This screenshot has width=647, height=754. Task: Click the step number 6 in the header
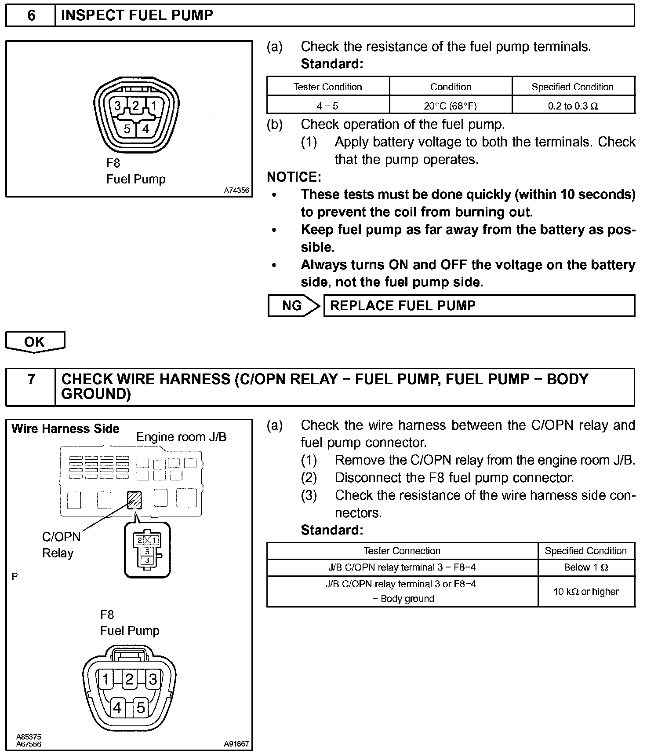31,15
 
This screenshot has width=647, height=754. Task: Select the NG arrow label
293,306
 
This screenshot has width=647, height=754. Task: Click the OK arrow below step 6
35,342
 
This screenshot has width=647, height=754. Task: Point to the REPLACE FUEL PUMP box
479,306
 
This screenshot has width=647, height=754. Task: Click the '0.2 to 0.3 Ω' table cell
573,106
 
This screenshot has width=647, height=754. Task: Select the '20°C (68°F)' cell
451,106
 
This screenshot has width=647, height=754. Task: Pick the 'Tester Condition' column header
327,87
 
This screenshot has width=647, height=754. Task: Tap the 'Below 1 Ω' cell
586,567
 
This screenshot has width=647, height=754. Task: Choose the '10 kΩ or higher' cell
586,592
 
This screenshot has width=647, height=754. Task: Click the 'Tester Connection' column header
402,551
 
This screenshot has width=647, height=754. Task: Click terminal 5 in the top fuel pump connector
127,129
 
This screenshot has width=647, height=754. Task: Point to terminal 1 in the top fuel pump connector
154,106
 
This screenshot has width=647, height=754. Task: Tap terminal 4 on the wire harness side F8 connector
117,707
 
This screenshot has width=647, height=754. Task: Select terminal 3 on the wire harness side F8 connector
153,680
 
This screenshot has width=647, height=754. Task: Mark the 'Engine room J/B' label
181,437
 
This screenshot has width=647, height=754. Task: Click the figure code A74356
236,190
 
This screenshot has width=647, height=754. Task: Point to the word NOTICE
294,177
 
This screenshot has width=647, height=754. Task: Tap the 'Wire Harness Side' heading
65,429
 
